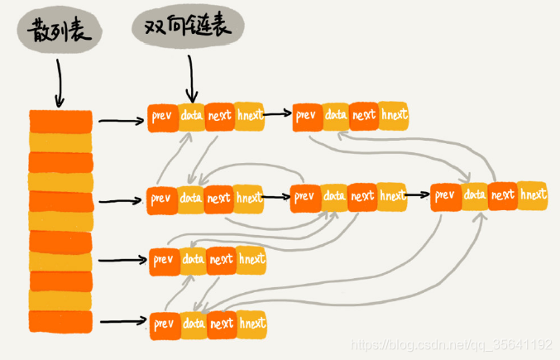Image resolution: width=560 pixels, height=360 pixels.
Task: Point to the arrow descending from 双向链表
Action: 190,82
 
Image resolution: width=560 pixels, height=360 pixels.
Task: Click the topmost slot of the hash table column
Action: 60,121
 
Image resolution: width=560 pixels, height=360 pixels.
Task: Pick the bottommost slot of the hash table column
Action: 60,319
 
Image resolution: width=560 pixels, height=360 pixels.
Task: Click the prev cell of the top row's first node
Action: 162,116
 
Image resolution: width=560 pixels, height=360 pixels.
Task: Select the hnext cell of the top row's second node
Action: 394,115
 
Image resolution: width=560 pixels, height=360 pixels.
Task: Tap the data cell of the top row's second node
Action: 336,115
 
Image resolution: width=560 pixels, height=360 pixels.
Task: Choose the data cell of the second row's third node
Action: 474,194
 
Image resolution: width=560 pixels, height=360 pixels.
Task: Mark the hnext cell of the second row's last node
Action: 532,194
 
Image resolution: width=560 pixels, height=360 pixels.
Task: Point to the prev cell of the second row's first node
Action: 161,199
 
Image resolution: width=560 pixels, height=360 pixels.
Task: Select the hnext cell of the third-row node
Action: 251,259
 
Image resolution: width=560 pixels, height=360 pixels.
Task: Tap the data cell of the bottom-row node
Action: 193,322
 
